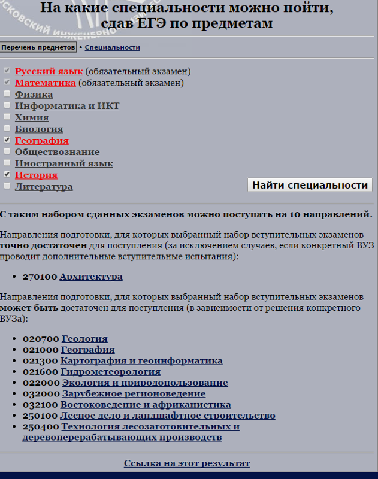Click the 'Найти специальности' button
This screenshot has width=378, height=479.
pos(310,185)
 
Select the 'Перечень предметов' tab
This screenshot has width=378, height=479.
pos(38,47)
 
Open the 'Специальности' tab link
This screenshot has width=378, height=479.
pos(112,47)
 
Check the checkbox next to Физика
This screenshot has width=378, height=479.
pos(7,94)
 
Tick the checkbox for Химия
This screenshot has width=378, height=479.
pos(7,117)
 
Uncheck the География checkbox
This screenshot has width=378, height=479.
pos(7,140)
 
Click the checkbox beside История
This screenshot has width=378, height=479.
pos(7,175)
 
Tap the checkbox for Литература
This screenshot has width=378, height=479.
pos(7,186)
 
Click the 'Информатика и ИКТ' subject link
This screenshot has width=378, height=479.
pos(67,106)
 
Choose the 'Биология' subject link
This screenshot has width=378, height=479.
pos(39,129)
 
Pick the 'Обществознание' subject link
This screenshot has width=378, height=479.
pos(58,152)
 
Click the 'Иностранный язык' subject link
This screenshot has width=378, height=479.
pos(64,163)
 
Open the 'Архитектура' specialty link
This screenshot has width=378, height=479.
pos(91,277)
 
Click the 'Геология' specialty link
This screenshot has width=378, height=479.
pos(84,338)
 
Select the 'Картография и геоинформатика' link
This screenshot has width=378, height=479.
pos(141,361)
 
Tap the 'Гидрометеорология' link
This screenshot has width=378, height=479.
pos(110,372)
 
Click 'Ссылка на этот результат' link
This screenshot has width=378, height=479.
pos(187,463)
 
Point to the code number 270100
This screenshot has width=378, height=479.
pos(40,277)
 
